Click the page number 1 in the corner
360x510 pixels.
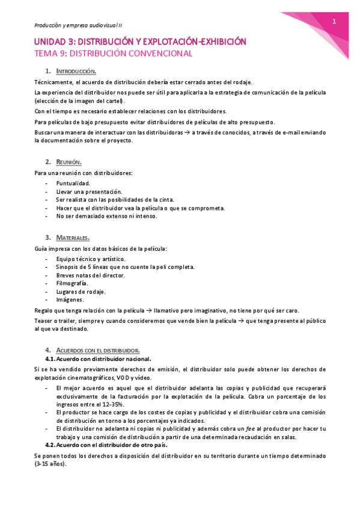click(x=334, y=22)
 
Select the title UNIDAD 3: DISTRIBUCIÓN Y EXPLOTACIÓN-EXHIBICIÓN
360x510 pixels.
click(x=139, y=41)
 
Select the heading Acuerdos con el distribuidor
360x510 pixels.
click(x=98, y=350)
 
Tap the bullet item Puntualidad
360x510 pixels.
click(x=73, y=183)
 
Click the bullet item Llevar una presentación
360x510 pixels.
click(x=88, y=191)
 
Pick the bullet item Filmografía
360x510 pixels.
click(x=72, y=283)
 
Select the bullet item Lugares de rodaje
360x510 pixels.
click(x=81, y=291)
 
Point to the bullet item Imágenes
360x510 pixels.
click(x=70, y=300)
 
